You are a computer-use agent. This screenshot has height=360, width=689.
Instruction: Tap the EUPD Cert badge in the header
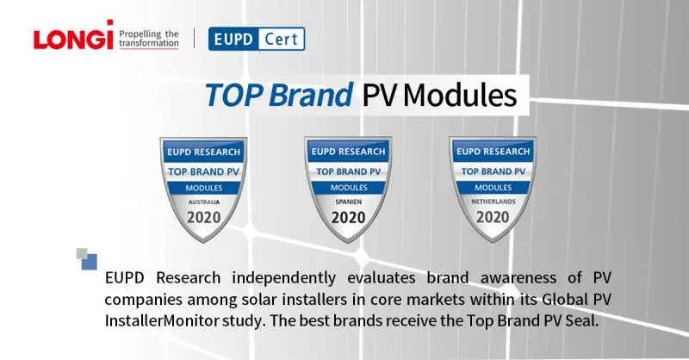257,39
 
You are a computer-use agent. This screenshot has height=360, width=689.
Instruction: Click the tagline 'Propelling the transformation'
148,39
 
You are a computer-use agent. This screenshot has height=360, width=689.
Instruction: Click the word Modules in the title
460,94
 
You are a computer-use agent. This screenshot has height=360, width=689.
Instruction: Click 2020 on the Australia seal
203,217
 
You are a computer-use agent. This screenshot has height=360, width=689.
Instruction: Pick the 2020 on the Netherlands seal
493,217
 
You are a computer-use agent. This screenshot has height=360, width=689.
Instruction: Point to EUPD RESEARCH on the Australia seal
203,152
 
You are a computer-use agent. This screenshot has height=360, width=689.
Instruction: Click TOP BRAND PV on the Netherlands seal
493,171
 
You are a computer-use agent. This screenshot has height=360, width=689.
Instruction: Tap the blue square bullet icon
89,261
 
